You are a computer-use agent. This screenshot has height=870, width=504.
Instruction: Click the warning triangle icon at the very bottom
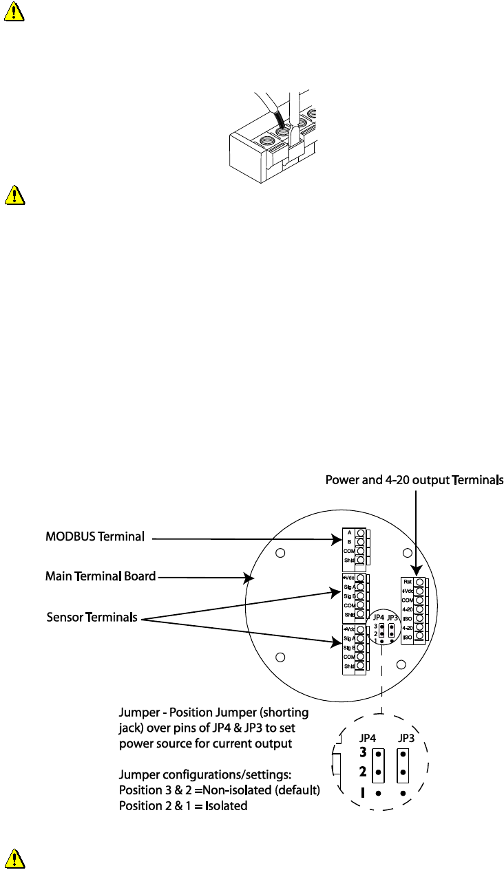[x=13, y=858]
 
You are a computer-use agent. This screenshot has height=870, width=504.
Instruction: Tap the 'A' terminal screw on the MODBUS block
[x=360, y=533]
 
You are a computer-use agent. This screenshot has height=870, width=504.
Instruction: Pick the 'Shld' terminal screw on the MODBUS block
[x=360, y=561]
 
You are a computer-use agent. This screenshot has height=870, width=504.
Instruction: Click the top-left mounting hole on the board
[x=280, y=553]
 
